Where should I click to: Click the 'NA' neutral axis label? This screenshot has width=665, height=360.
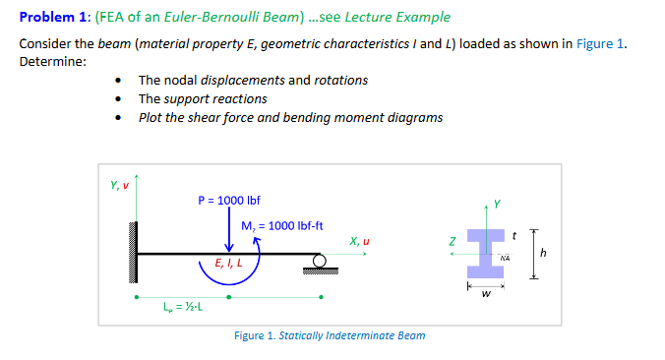(504, 259)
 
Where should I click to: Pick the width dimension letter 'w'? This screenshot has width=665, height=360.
(484, 292)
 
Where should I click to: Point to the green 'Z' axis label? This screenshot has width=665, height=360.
(452, 240)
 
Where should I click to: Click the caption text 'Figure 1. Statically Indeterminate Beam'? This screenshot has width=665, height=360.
(330, 336)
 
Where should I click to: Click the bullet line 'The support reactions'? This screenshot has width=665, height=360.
(203, 98)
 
